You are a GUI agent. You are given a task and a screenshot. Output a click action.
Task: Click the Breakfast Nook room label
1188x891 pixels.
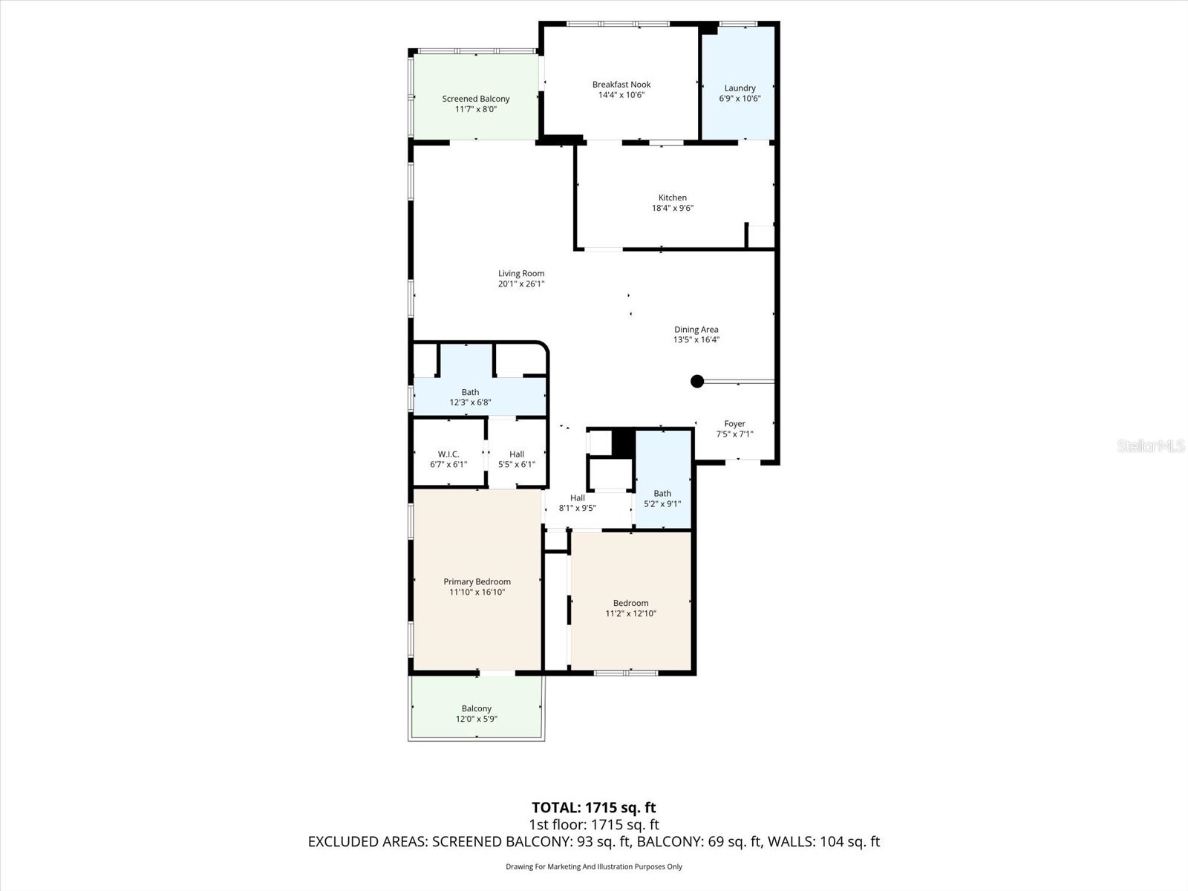(x=621, y=85)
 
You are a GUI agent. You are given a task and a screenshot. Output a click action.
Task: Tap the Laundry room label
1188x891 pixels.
(x=740, y=88)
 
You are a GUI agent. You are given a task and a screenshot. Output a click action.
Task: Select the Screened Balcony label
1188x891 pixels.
(x=476, y=99)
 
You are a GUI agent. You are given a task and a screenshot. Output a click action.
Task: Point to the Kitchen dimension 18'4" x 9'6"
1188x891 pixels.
(x=673, y=209)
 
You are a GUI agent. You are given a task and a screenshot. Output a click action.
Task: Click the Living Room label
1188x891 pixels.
(x=521, y=274)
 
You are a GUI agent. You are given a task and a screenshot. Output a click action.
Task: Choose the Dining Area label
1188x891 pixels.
(x=696, y=330)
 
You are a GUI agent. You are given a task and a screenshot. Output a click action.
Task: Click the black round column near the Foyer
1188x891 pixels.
(x=697, y=382)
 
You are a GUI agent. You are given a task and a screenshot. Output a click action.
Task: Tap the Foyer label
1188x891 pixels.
(x=734, y=424)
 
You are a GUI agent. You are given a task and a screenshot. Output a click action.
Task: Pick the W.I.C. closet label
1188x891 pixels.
(x=448, y=454)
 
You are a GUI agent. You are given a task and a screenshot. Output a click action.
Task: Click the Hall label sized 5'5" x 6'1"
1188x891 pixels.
(x=517, y=454)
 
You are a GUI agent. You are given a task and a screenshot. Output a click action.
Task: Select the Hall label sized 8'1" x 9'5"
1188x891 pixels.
(x=578, y=498)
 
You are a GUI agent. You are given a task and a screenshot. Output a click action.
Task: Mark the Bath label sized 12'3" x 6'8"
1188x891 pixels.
(x=470, y=392)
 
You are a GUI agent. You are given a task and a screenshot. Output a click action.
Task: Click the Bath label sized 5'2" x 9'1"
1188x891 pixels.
(x=662, y=494)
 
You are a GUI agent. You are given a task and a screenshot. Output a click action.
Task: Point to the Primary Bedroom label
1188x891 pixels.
(x=477, y=582)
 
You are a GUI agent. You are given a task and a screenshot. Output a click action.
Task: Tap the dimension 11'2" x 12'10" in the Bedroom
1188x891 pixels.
(x=631, y=614)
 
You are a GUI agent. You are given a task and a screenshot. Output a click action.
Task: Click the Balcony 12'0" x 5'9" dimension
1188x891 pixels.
(x=476, y=719)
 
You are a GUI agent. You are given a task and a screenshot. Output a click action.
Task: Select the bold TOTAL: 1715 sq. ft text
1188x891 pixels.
(x=593, y=808)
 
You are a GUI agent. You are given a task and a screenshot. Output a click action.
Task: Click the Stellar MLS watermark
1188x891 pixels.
(x=1150, y=446)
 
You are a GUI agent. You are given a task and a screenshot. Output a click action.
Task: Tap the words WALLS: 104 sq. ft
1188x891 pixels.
(x=823, y=842)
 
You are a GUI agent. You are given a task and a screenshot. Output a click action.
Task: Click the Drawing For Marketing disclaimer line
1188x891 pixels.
(x=593, y=866)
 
